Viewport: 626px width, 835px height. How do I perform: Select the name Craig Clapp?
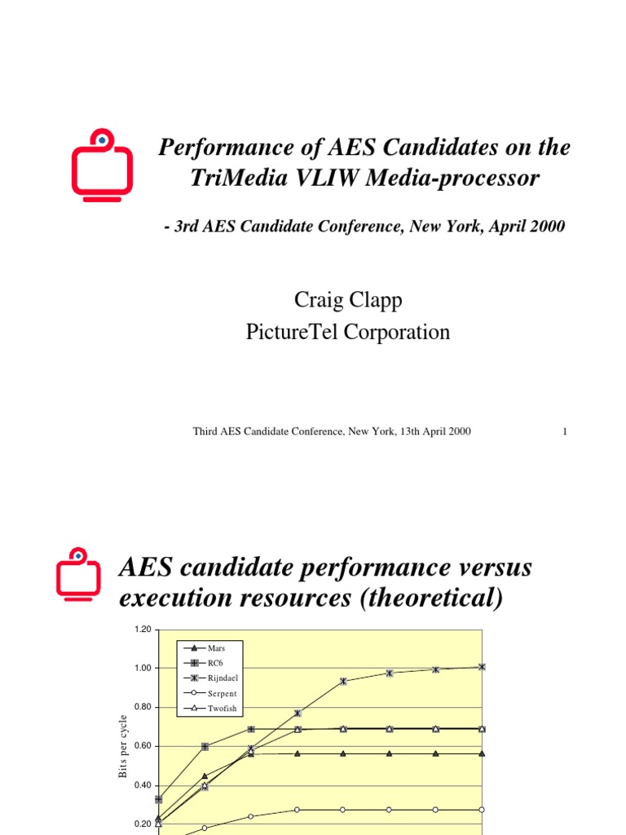(x=348, y=301)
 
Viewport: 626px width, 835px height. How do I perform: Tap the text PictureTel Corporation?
(x=348, y=332)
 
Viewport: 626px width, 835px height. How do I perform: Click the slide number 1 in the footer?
(x=564, y=431)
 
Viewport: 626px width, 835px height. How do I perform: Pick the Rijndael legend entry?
(x=223, y=678)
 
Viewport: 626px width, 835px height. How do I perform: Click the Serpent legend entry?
(x=222, y=693)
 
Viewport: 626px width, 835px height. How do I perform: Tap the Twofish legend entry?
(x=222, y=709)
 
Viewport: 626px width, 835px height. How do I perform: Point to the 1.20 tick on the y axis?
(x=143, y=629)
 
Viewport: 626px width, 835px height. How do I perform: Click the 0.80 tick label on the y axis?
(x=143, y=707)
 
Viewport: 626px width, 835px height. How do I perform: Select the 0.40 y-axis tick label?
(x=143, y=785)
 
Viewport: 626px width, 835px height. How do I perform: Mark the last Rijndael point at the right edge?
(x=482, y=667)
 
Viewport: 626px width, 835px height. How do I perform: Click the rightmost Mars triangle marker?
(x=482, y=753)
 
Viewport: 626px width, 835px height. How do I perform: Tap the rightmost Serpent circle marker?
(x=482, y=810)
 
